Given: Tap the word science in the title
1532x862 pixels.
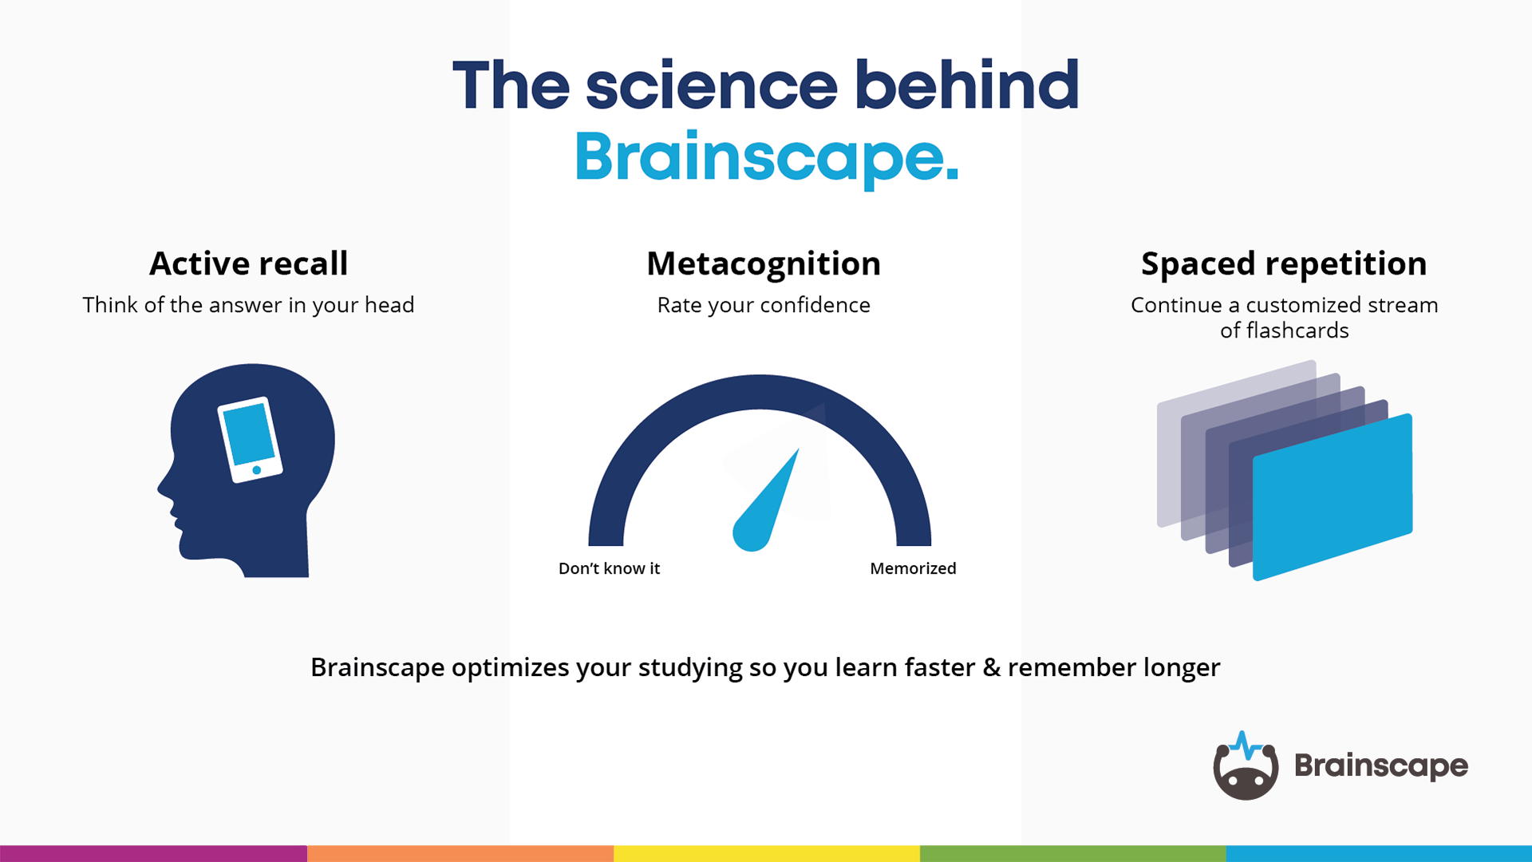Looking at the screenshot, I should click(711, 86).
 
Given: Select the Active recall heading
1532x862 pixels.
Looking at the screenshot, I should click(248, 263).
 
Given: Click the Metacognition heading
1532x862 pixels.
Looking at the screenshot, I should click(764, 263).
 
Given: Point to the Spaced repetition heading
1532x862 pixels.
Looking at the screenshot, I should click(1284, 263).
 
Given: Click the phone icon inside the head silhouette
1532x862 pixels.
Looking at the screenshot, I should click(250, 440).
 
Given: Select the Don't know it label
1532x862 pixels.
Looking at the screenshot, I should click(609, 568).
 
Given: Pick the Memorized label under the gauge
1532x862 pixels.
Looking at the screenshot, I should click(913, 568).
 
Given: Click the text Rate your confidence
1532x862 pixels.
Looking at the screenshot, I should click(764, 305).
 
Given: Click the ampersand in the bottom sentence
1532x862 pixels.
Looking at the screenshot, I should click(991, 667).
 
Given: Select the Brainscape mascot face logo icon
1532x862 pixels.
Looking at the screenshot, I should click(1246, 768).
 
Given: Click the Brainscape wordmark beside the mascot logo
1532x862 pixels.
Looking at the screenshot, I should click(1380, 765).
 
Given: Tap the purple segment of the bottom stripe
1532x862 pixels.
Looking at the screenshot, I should click(153, 853).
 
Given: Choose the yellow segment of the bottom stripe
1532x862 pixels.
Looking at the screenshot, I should click(766, 853).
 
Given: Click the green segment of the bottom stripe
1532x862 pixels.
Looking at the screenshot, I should click(1072, 853).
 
